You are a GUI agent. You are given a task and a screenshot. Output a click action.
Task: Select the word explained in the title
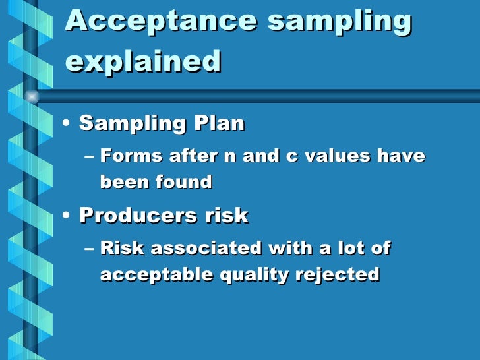[x=143, y=62]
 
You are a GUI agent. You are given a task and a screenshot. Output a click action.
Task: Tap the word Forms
[x=131, y=156]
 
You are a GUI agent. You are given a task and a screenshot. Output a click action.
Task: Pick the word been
[x=123, y=181]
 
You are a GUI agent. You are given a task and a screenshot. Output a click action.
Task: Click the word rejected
[x=342, y=274]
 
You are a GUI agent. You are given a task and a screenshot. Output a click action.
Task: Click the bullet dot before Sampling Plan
[x=68, y=123]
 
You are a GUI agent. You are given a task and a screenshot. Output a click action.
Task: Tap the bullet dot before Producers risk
[x=68, y=216]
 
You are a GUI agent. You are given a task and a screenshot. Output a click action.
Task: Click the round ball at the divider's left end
[x=31, y=96]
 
